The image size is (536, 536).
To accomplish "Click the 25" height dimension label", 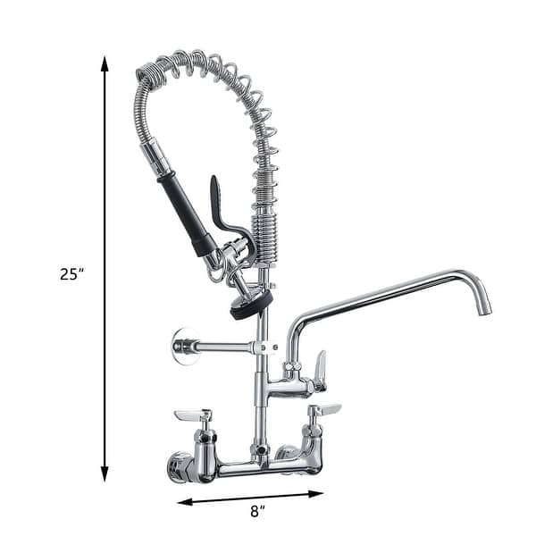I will [x=71, y=274].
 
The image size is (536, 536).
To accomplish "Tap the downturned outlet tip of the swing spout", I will [x=483, y=304].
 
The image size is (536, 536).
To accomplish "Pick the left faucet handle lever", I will [x=190, y=415].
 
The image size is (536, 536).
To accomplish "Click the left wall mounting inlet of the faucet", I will [x=179, y=465].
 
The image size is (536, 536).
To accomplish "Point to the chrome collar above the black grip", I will [x=157, y=160].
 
